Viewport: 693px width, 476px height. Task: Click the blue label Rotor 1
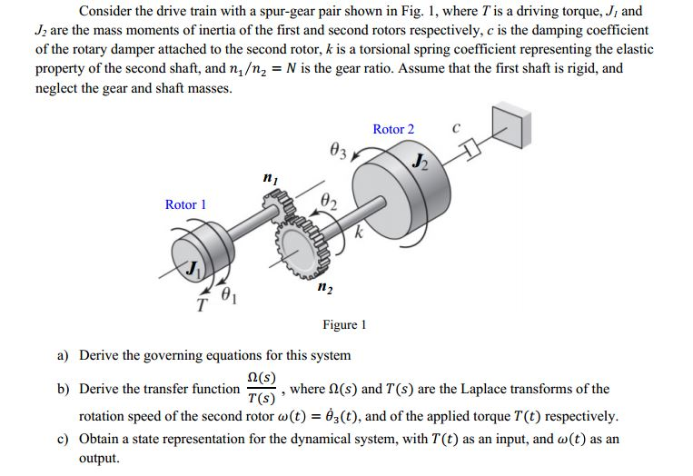185,204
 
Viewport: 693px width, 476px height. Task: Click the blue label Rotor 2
392,129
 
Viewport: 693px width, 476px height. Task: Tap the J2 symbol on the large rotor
419,164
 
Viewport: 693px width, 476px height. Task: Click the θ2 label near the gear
332,202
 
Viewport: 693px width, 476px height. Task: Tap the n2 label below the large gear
324,288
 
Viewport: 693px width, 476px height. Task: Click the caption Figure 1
344,324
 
